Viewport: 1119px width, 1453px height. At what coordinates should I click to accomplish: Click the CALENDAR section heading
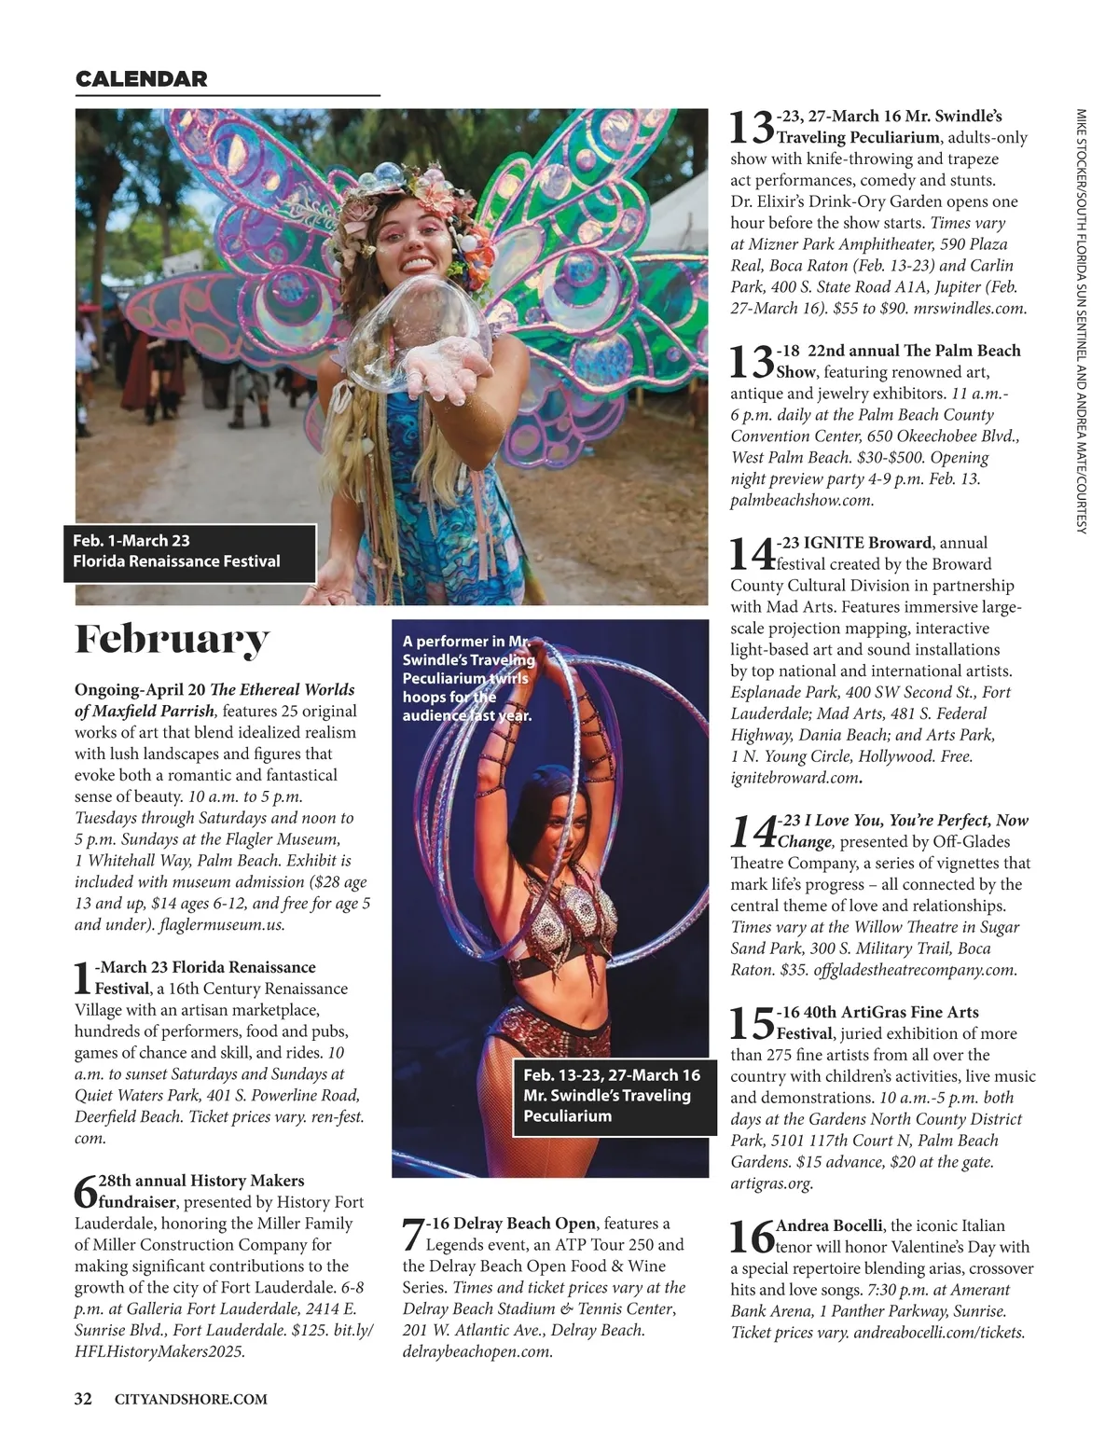click(x=141, y=79)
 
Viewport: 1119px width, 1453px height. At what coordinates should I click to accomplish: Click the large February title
click(x=172, y=640)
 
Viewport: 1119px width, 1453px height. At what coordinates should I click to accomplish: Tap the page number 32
click(x=83, y=1398)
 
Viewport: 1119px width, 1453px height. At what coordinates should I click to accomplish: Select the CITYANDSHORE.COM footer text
click(x=190, y=1399)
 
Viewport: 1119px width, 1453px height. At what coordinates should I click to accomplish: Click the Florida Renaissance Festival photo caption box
click(x=190, y=551)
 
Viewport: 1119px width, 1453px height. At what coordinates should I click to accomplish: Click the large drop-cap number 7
click(x=413, y=1235)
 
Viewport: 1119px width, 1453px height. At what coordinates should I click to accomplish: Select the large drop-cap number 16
click(x=752, y=1237)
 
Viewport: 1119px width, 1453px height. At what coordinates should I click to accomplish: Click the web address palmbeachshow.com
click(x=802, y=500)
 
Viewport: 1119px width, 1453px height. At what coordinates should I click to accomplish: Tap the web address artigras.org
click(x=771, y=1183)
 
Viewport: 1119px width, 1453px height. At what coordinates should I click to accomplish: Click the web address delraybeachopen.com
click(x=477, y=1351)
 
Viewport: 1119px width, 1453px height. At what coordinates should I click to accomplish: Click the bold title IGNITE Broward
click(x=867, y=543)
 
